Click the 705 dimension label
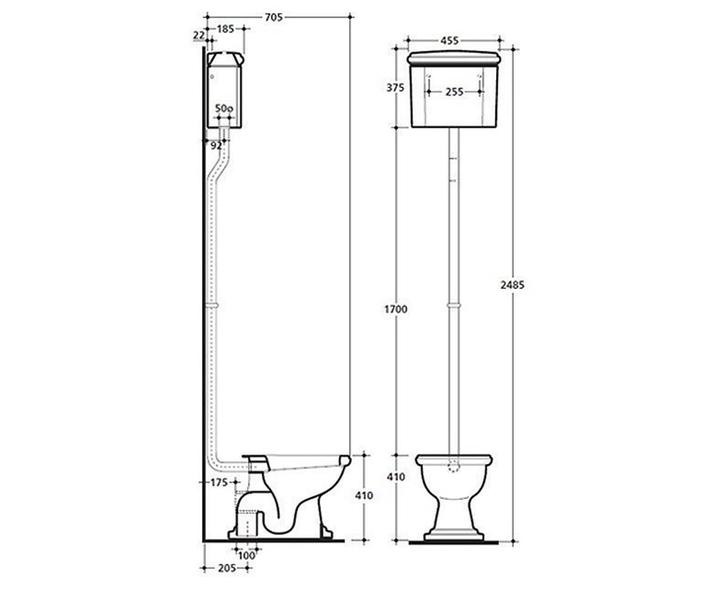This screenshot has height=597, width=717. pyautogui.click(x=274, y=17)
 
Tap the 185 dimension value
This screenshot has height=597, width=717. pyautogui.click(x=226, y=29)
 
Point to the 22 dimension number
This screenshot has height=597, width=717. pyautogui.click(x=199, y=35)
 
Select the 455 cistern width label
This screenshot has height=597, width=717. pyautogui.click(x=449, y=41)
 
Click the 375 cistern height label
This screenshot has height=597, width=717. pyautogui.click(x=396, y=88)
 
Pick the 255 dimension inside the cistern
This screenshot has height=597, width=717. pyautogui.click(x=454, y=92)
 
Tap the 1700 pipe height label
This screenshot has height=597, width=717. pyautogui.click(x=396, y=309)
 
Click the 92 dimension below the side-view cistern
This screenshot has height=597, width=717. pyautogui.click(x=216, y=146)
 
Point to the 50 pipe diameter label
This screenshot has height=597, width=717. pyautogui.click(x=224, y=109)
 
